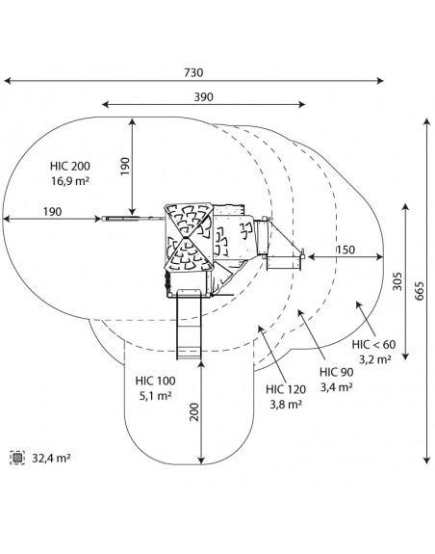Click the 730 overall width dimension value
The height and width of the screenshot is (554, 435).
[193, 72]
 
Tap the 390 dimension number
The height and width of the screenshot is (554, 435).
[204, 96]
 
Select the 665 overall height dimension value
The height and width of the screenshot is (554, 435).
[419, 291]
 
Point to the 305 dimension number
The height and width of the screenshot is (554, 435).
[397, 281]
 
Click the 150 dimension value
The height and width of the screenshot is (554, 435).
[345, 250]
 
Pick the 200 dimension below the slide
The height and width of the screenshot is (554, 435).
[194, 412]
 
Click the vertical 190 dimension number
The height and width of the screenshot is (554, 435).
[125, 167]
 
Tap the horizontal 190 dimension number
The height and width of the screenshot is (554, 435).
[53, 212]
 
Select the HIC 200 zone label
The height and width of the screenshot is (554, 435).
[70, 166]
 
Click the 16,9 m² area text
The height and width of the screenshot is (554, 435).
[70, 181]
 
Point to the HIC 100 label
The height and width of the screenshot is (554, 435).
[155, 381]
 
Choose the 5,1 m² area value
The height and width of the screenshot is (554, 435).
[155, 396]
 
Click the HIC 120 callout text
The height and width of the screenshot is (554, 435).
[286, 389]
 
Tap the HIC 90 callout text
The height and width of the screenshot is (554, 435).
[336, 372]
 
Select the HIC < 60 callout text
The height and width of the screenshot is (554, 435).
[373, 345]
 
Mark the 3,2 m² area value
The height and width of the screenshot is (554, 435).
[375, 359]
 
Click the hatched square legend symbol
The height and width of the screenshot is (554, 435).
[17, 458]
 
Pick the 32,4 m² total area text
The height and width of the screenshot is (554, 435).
[51, 459]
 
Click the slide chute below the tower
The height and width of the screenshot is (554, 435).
[189, 324]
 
